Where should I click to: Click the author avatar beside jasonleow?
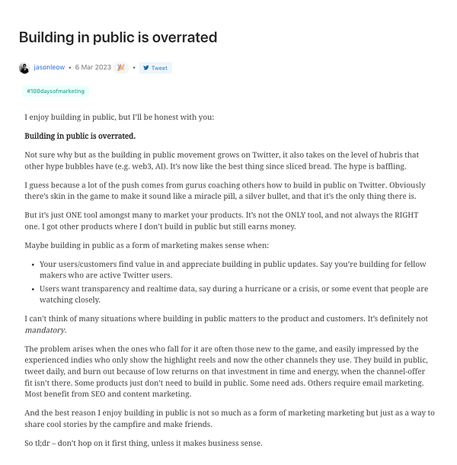pyautogui.click(x=24, y=68)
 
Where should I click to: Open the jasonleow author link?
pyautogui.click(x=49, y=68)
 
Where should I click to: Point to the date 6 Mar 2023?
pyautogui.click(x=92, y=68)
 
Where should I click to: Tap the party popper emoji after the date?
pyautogui.click(x=120, y=68)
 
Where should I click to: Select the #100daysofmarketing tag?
pyautogui.click(x=56, y=91)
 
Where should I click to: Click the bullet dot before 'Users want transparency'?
pyautogui.click(x=33, y=289)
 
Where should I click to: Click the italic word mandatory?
pyautogui.click(x=43, y=330)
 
